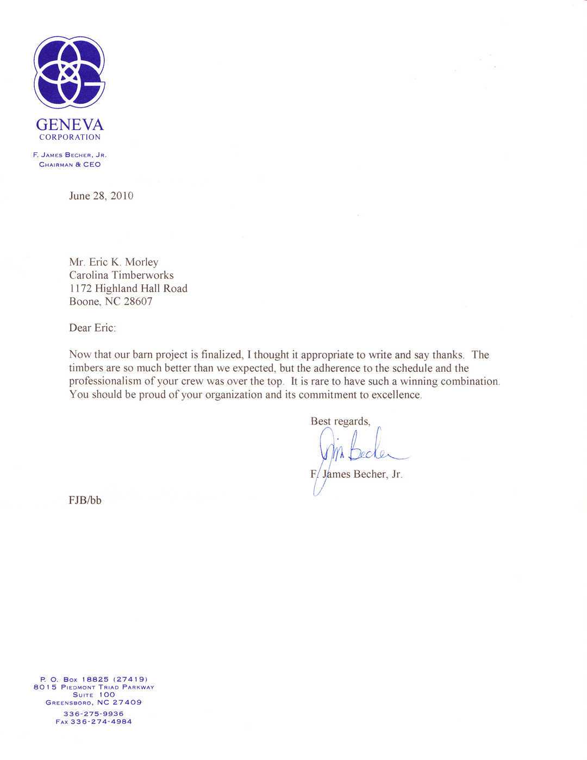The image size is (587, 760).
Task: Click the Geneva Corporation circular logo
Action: click(x=70, y=72)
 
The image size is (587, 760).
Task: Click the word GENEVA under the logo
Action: click(x=70, y=125)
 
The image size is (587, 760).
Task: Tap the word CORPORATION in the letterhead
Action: click(x=70, y=138)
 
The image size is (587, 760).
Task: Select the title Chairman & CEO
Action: click(x=70, y=165)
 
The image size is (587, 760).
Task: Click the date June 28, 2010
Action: click(x=101, y=196)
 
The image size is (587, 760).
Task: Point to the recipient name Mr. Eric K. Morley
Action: click(x=114, y=263)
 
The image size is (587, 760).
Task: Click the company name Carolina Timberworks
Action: click(x=121, y=276)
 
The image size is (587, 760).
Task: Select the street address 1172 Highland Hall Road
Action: click(x=128, y=289)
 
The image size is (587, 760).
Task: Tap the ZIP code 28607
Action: click(x=138, y=302)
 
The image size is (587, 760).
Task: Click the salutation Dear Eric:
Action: click(x=92, y=328)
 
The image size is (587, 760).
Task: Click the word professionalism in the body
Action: click(x=105, y=382)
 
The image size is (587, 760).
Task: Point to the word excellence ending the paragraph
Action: click(x=396, y=395)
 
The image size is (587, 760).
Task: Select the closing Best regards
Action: click(x=340, y=421)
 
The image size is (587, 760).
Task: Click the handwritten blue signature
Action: click(x=359, y=451)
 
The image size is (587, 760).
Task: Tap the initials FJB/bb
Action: click(x=85, y=501)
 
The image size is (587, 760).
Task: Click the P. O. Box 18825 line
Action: click(x=93, y=680)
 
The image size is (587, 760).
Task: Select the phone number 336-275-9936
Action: click(x=93, y=714)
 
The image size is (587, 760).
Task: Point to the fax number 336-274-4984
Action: click(x=101, y=722)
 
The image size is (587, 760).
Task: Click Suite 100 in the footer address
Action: click(x=93, y=695)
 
